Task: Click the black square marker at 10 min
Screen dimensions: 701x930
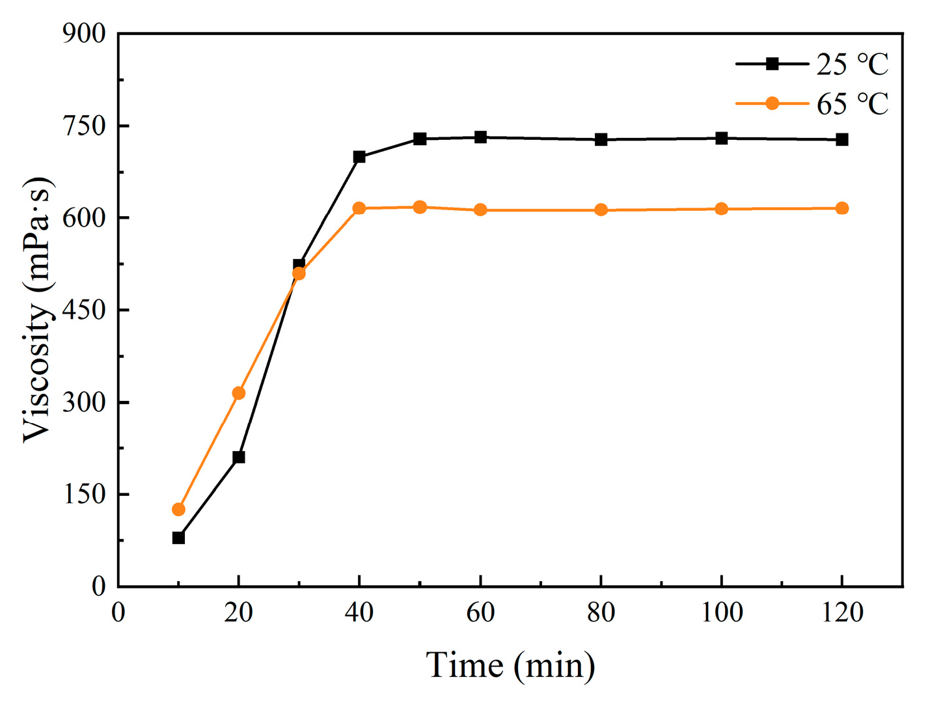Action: tap(178, 538)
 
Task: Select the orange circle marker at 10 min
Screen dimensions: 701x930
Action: tap(178, 510)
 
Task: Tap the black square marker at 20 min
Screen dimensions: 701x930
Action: tap(239, 457)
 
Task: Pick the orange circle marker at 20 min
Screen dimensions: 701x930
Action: tap(239, 393)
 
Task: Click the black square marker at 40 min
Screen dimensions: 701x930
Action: tap(359, 157)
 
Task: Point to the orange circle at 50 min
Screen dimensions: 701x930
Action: tap(420, 207)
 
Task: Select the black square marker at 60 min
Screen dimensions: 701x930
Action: tap(480, 137)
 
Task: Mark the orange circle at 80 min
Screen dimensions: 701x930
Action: tap(601, 210)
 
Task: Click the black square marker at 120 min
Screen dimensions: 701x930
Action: tap(842, 139)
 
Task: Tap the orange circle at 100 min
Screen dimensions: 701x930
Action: tap(721, 209)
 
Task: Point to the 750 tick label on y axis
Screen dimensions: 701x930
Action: tap(84, 126)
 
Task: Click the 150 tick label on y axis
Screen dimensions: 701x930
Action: tap(84, 495)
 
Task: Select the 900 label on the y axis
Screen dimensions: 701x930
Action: tap(84, 33)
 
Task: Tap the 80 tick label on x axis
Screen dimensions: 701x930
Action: tap(601, 612)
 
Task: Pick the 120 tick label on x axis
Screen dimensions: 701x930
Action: tap(842, 612)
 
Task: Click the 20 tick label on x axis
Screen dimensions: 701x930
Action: tap(239, 612)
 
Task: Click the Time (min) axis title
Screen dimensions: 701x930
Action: tap(510, 666)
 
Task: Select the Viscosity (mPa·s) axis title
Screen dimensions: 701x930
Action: tap(37, 310)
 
